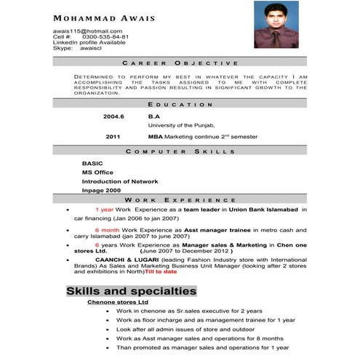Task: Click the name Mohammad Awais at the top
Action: tap(103, 17)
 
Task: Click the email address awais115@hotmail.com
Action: tap(87, 31)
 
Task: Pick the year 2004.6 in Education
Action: tap(113, 116)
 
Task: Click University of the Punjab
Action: tap(181, 125)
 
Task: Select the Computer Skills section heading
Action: tap(180, 151)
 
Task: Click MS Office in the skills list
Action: tap(97, 172)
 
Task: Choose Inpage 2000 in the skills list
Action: tap(101, 190)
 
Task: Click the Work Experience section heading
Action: tap(180, 199)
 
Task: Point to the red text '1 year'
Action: tap(104, 209)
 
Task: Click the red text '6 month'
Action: tap(106, 230)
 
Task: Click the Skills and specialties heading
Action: tap(131, 291)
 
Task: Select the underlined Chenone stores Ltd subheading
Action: tap(117, 302)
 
